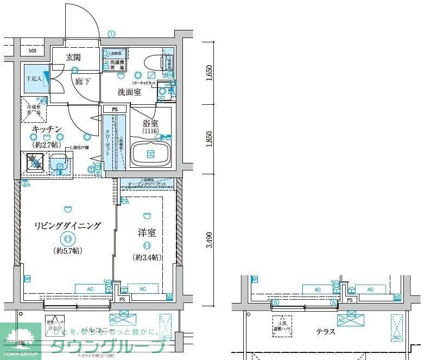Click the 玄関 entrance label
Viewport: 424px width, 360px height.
(x=73, y=57)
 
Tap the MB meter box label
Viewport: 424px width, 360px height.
(x=32, y=52)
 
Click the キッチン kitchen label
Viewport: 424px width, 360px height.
(x=47, y=129)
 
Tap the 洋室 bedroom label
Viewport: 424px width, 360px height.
(x=147, y=233)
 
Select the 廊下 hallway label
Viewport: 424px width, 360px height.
(x=83, y=81)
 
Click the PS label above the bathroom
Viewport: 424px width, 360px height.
(x=115, y=109)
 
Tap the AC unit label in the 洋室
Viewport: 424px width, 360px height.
(x=143, y=289)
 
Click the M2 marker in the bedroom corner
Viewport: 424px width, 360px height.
(x=169, y=296)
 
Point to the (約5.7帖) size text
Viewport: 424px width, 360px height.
(x=67, y=250)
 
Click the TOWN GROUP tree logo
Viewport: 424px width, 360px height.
(x=20, y=339)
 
